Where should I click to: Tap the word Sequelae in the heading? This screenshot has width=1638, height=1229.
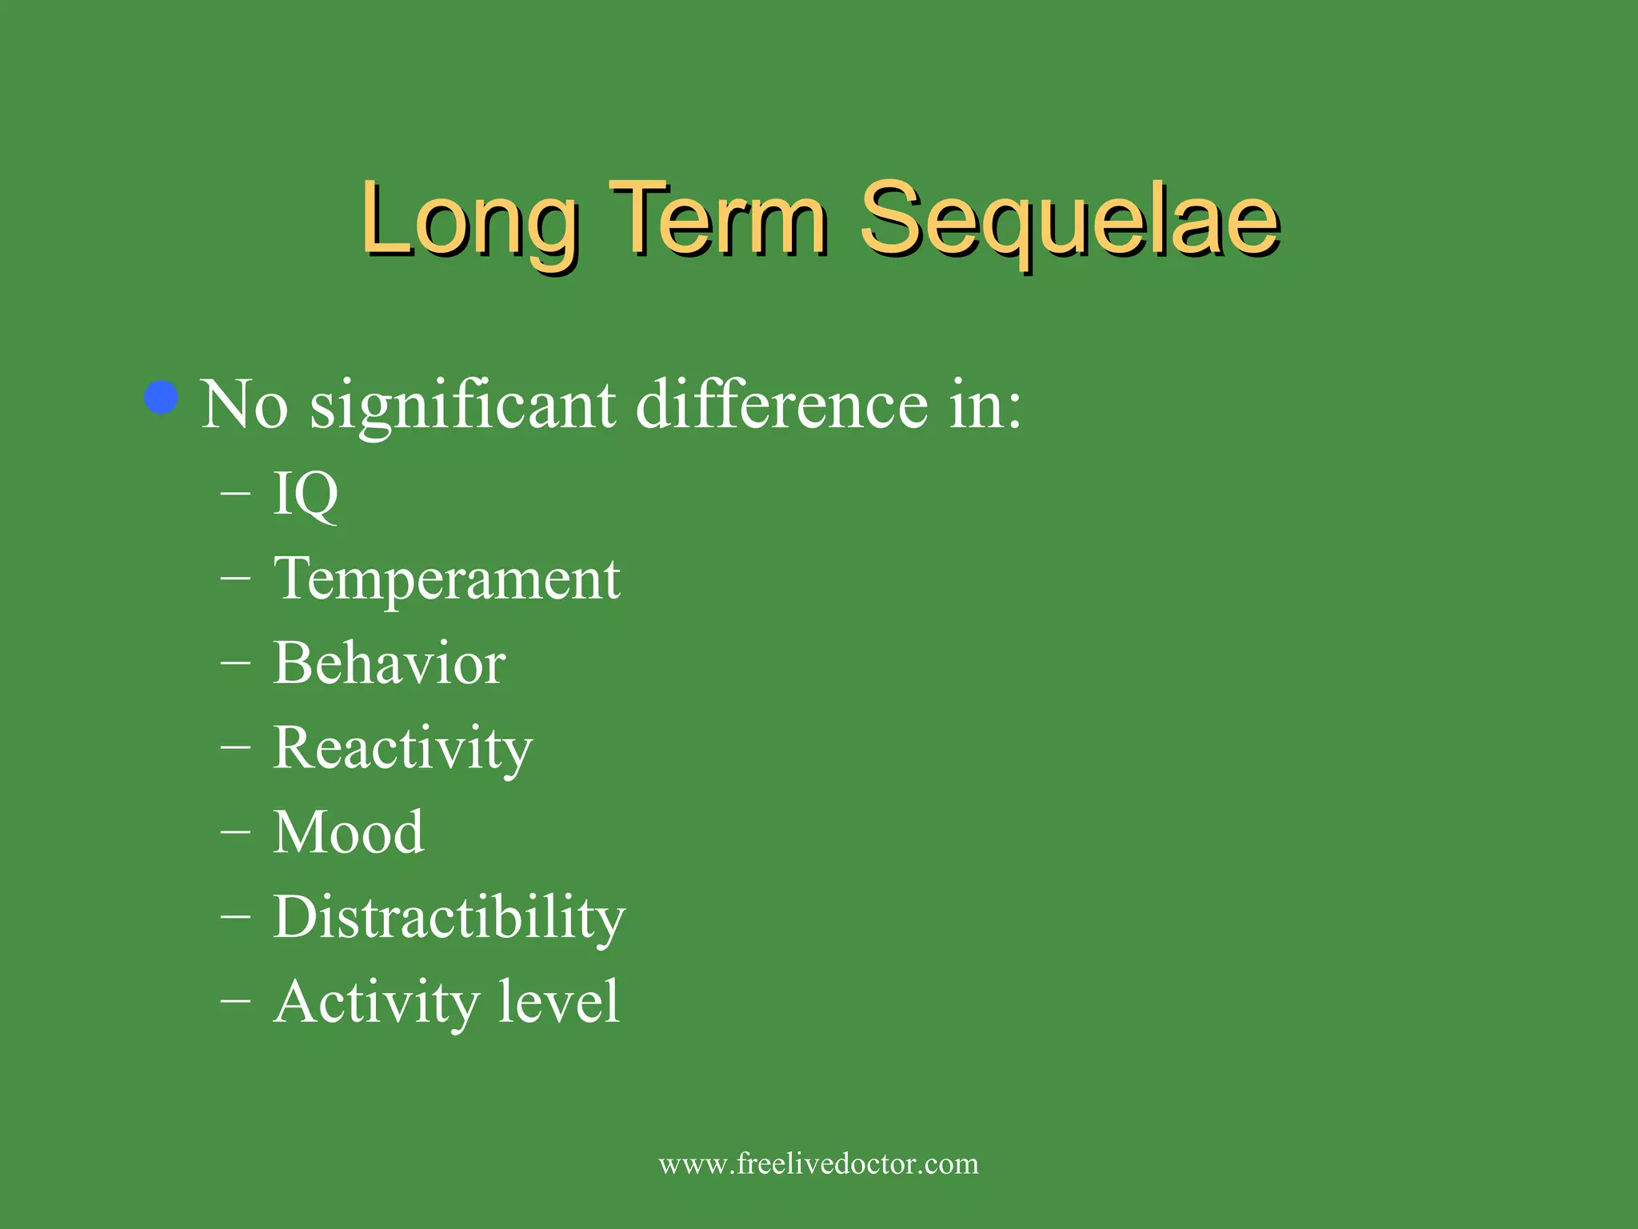click(x=1069, y=220)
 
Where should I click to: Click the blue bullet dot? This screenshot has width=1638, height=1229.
click(x=162, y=398)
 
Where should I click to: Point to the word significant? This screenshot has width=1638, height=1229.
click(x=462, y=406)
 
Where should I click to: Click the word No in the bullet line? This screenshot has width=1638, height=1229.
click(x=244, y=406)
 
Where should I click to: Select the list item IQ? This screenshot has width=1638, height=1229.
click(x=306, y=494)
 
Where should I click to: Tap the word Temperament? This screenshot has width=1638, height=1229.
click(x=446, y=579)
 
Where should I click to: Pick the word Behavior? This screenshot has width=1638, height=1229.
click(x=389, y=664)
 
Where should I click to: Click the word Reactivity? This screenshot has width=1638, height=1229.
click(x=402, y=749)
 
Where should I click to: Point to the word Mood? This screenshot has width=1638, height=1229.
click(x=348, y=833)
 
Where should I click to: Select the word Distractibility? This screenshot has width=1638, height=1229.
click(x=449, y=918)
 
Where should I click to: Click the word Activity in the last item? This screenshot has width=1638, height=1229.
click(x=376, y=1003)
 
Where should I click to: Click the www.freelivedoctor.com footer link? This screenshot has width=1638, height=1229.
click(x=818, y=1163)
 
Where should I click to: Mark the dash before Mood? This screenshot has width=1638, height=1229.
click(x=235, y=831)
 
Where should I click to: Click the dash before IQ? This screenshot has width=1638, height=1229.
click(x=235, y=494)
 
